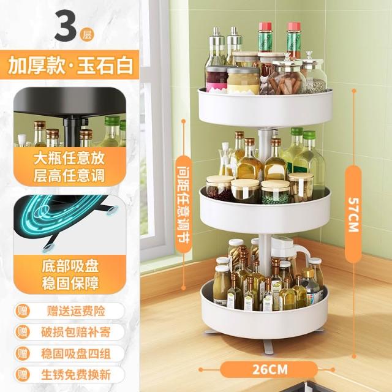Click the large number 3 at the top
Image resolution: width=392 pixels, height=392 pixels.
[66, 26]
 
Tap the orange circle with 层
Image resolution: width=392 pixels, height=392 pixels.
[87, 34]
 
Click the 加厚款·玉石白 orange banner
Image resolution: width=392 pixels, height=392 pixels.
[69, 65]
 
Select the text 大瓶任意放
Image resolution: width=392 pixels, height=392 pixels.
[69, 158]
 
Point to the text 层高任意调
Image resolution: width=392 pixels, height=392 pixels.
[69, 176]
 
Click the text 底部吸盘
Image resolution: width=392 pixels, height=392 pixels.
[70, 266]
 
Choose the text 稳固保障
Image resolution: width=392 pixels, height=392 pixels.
[70, 283]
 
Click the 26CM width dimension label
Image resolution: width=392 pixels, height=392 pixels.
[269, 369]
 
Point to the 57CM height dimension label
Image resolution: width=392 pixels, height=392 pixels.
[353, 215]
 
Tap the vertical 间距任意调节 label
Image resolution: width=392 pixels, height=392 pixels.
[183, 204]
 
